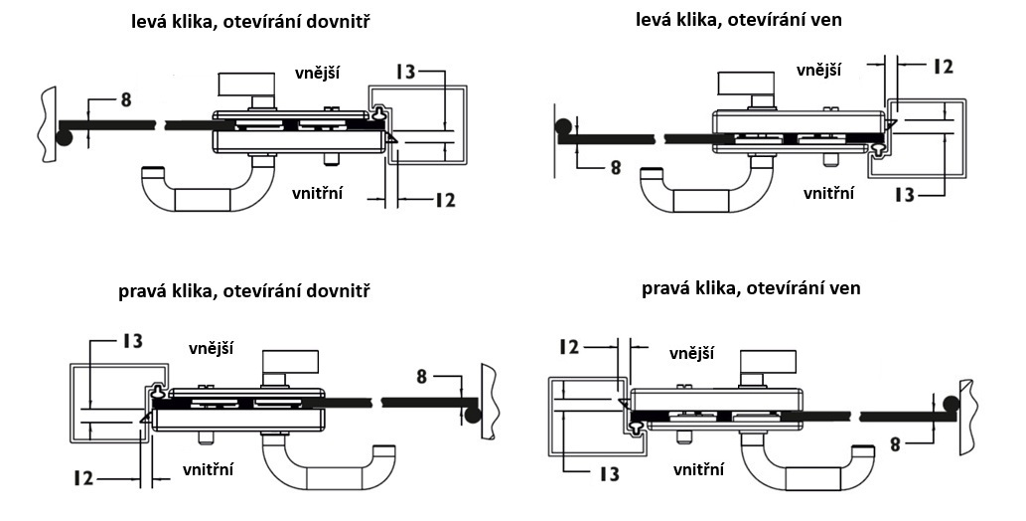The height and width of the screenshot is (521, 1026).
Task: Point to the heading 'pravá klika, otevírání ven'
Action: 751,288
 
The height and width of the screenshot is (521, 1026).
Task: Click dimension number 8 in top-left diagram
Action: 125,98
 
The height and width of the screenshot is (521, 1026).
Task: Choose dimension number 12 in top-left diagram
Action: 444,200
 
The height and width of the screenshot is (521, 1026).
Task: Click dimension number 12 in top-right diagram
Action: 942,67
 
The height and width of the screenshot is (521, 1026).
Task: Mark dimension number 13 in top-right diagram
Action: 904,195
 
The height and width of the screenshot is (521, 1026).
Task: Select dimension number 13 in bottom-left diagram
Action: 131,341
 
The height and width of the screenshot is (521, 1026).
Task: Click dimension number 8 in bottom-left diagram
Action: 422,377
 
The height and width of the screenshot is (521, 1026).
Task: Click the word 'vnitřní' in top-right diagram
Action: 828,193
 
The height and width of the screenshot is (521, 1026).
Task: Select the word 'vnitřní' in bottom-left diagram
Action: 210,468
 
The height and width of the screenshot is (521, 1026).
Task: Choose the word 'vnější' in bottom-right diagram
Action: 693,353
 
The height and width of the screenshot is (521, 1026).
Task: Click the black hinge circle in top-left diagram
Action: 64,137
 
